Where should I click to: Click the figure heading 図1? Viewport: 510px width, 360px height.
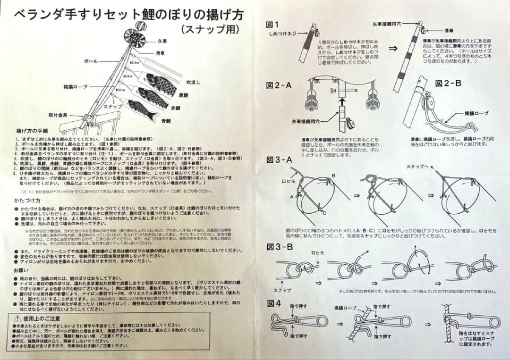272,25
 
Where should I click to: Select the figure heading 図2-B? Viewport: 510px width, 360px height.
448,83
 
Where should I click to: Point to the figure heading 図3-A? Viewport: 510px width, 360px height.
279,159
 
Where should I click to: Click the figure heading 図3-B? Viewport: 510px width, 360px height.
280,247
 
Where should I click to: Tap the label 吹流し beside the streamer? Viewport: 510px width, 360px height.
193,82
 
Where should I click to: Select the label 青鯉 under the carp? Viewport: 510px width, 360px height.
166,121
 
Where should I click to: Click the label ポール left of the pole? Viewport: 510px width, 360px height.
91,61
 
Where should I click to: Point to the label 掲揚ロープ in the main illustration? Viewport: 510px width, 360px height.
76,87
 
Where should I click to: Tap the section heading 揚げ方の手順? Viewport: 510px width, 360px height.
32,131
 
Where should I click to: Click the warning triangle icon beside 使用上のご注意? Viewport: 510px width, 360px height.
17,318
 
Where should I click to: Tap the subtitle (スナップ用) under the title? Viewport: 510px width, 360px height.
210,29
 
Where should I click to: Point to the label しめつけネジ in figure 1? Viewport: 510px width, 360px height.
283,34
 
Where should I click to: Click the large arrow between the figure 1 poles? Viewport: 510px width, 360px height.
393,48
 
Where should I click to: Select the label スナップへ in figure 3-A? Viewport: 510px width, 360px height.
416,167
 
